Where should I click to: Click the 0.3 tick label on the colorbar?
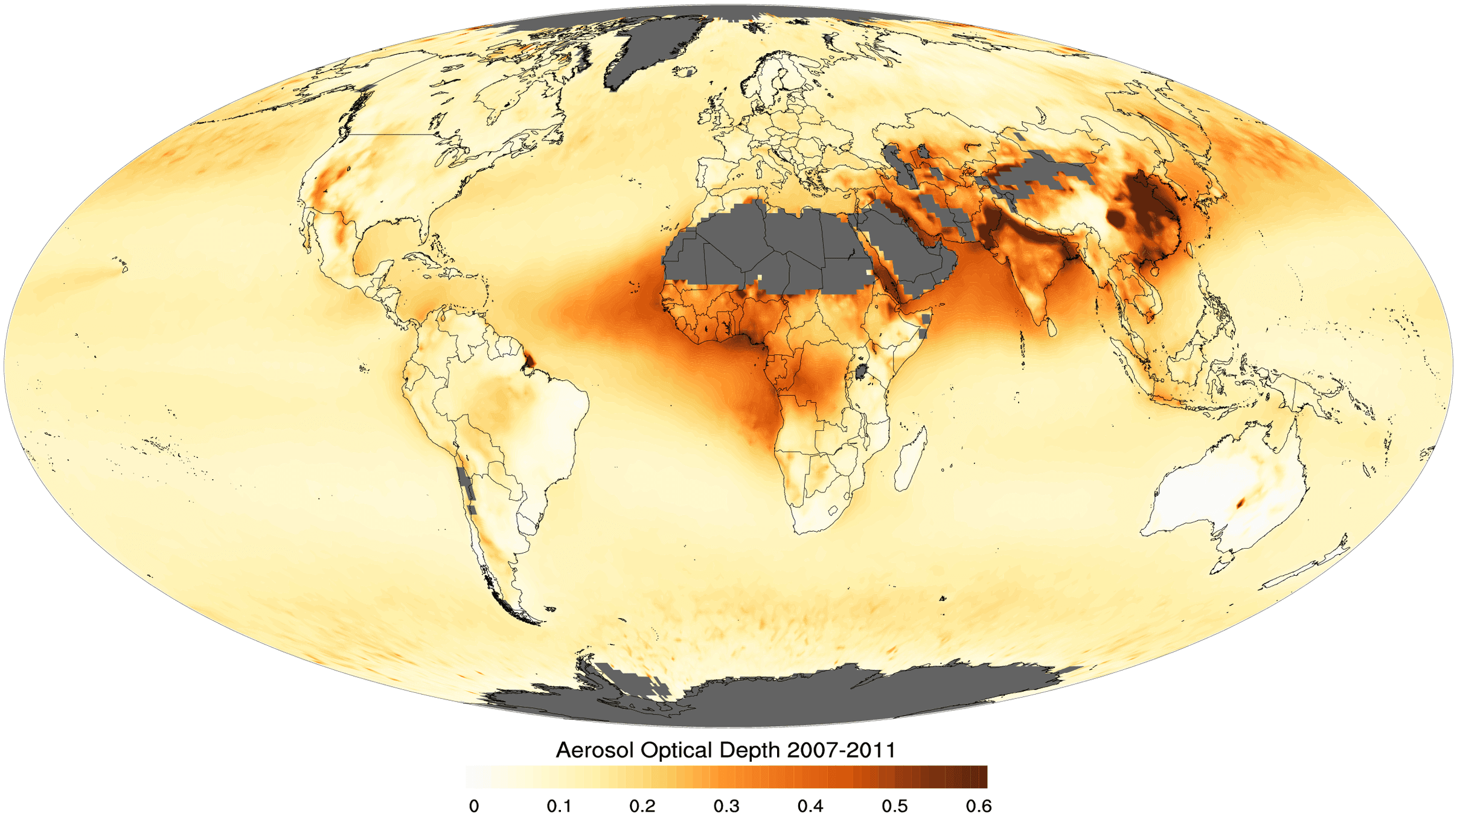tap(726, 806)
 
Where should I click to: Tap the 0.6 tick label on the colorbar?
tap(978, 806)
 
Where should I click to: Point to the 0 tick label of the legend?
tap(474, 806)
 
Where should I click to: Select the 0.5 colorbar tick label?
tap(894, 806)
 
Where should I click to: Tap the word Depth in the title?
tap(749, 750)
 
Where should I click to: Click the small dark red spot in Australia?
tap(1241, 503)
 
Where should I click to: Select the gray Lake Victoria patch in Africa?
tap(862, 371)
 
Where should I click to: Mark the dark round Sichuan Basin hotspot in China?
tap(1116, 217)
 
